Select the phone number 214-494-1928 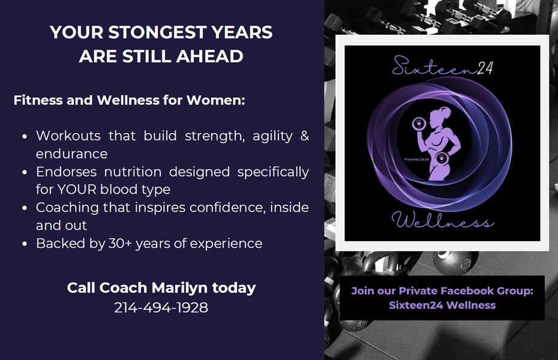point(161,308)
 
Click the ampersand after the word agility point(305,136)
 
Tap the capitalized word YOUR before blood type point(77,189)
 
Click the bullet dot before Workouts point(25,136)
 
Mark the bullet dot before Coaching point(25,208)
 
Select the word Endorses point(66,172)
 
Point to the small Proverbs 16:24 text point(416,160)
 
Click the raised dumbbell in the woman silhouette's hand point(419,124)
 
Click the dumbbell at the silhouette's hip point(442,158)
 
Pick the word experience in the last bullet point(226,244)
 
